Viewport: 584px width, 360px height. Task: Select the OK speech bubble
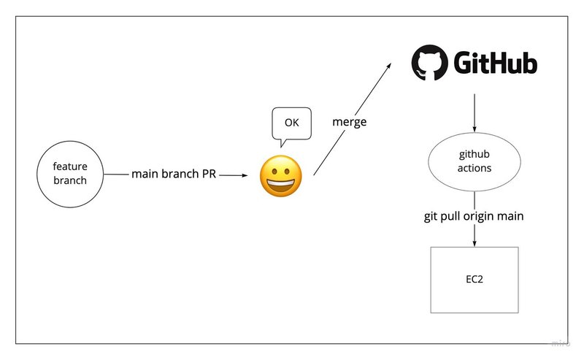(x=291, y=123)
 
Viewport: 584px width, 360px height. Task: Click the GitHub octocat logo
(x=428, y=64)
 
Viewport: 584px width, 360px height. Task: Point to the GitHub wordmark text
(x=496, y=64)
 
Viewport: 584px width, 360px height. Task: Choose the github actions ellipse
(x=474, y=161)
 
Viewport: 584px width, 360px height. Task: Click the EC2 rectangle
(x=474, y=279)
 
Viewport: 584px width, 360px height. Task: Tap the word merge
(x=349, y=121)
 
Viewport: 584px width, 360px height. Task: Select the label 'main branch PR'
(x=173, y=175)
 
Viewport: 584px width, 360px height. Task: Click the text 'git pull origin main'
(x=474, y=217)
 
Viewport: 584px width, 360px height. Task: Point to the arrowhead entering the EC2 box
(x=474, y=243)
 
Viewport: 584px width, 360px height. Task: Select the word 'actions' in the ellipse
(x=474, y=168)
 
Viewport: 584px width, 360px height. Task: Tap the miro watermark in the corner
(x=560, y=342)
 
